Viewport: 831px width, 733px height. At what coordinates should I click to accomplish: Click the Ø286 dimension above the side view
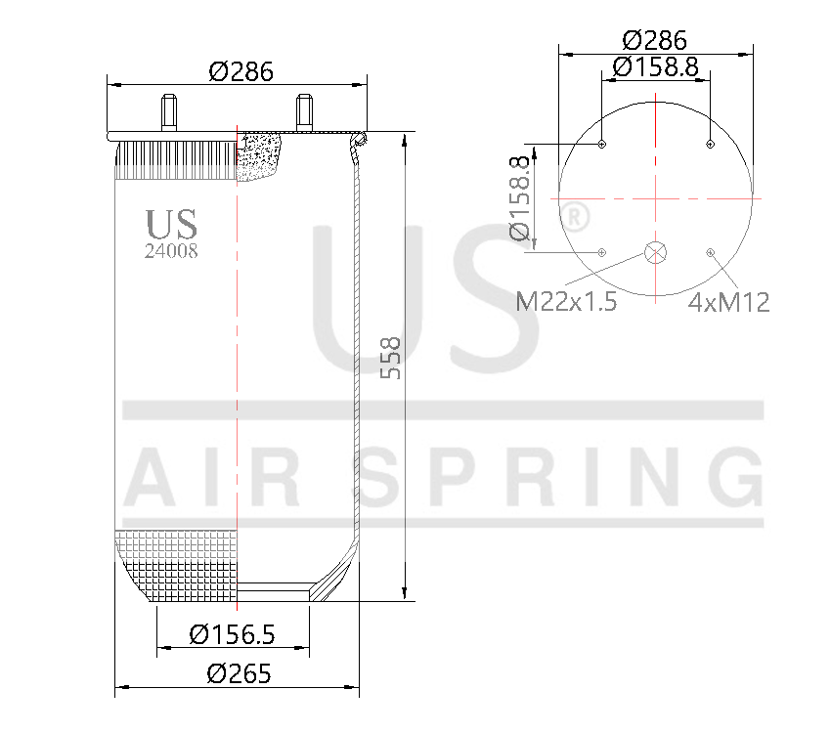pyautogui.click(x=240, y=71)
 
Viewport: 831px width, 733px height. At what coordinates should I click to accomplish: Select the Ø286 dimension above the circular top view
pyautogui.click(x=654, y=40)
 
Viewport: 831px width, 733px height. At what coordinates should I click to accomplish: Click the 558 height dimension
pyautogui.click(x=390, y=359)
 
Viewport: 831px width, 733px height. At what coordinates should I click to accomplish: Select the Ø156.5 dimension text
pyautogui.click(x=232, y=634)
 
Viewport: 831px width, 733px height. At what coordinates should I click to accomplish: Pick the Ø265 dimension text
pyautogui.click(x=239, y=673)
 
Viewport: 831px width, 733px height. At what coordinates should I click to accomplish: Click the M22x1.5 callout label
pyautogui.click(x=566, y=302)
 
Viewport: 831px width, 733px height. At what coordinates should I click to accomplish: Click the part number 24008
pyautogui.click(x=171, y=250)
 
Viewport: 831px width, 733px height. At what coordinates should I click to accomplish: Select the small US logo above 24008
pyautogui.click(x=171, y=224)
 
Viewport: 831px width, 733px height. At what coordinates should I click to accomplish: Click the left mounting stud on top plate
pyautogui.click(x=168, y=110)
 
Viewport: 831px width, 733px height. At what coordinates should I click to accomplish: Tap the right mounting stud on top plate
pyautogui.click(x=304, y=110)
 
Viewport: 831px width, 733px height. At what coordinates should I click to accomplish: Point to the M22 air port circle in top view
pyautogui.click(x=655, y=252)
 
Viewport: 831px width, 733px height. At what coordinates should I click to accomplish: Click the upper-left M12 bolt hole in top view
pyautogui.click(x=601, y=146)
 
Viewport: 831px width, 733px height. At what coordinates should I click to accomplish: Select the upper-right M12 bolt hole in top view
pyautogui.click(x=710, y=146)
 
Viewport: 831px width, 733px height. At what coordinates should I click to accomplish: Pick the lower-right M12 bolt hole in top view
pyautogui.click(x=710, y=253)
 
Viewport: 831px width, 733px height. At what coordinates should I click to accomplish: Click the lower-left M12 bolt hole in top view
pyautogui.click(x=601, y=253)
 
